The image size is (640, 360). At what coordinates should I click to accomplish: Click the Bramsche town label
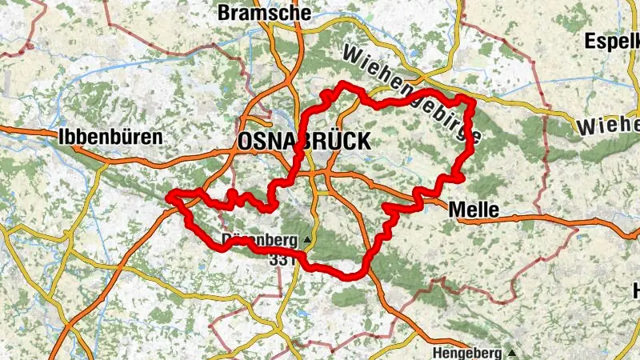[x=253, y=12]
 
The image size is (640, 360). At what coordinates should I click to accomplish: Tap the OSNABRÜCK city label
[x=305, y=142]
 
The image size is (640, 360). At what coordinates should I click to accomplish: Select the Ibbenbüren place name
[x=110, y=137]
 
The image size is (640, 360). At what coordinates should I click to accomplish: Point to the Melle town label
[x=474, y=210]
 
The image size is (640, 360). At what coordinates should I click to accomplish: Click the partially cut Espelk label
[x=612, y=40]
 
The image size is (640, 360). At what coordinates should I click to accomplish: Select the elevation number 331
[x=284, y=259]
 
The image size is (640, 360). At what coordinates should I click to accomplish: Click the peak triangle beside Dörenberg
[x=306, y=239]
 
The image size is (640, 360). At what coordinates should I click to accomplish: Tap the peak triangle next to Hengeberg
[x=510, y=353]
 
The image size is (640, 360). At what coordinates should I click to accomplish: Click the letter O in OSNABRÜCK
[x=245, y=142]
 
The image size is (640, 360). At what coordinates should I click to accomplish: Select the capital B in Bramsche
[x=223, y=12]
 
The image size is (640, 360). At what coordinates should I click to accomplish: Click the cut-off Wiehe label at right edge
[x=608, y=126]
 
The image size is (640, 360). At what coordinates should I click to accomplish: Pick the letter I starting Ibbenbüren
[x=61, y=137]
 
